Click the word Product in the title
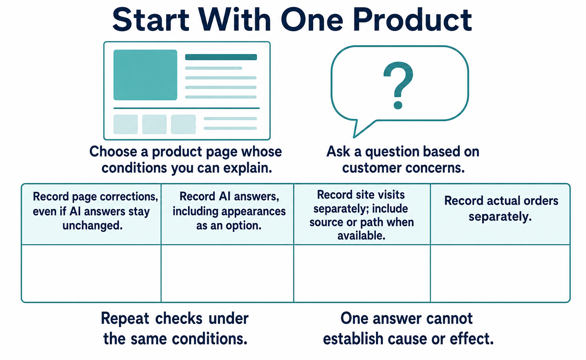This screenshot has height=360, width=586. (412, 20)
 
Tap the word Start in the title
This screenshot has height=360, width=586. (150, 20)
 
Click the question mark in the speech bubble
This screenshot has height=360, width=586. (398, 85)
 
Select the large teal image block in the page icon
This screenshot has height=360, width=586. (145, 75)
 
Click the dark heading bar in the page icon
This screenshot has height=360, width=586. (221, 57)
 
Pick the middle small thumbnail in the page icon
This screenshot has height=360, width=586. (155, 124)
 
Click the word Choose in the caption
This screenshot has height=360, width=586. (113, 151)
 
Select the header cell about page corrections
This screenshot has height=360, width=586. (91, 214)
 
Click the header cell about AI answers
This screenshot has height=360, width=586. (227, 214)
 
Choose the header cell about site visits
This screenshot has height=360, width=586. (362, 214)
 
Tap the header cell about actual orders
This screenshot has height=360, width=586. (500, 214)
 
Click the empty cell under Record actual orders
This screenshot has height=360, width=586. (500, 273)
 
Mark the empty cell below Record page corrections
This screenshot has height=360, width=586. (91, 273)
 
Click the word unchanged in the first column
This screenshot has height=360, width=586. (92, 225)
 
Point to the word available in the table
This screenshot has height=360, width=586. (361, 236)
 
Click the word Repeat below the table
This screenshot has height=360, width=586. (125, 319)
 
